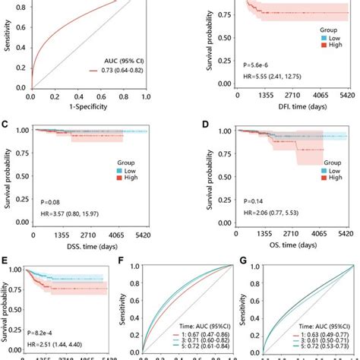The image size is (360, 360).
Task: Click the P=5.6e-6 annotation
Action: coord(258,65)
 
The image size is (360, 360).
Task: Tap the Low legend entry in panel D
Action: coord(335,172)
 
